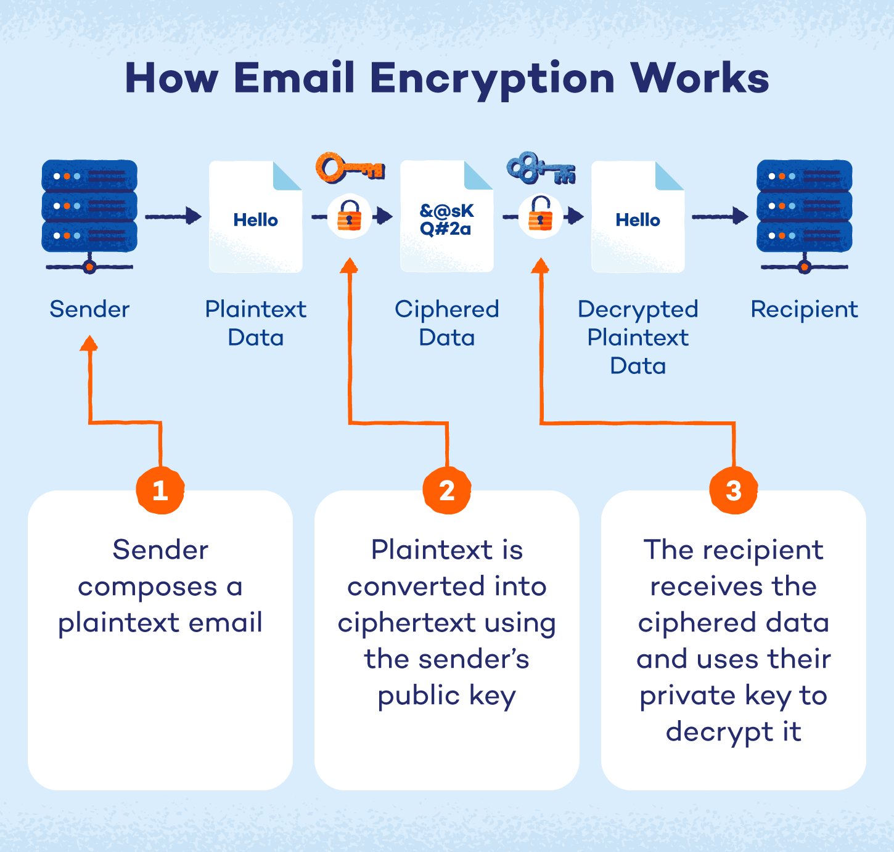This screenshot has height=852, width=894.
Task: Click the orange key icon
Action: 349,168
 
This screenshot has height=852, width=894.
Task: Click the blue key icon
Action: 540,168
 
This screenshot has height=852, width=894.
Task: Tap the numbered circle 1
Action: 160,490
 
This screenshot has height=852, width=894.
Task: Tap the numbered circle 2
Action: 447,490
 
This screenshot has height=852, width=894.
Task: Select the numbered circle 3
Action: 733,490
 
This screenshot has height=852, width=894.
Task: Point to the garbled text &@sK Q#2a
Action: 446,220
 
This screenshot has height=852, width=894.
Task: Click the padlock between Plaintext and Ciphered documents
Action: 349,216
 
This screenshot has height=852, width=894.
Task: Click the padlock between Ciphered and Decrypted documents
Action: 540,216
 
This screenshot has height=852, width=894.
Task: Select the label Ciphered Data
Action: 446,323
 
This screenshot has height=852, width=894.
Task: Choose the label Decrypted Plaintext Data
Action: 638,338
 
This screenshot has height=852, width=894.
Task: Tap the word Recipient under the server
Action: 804,309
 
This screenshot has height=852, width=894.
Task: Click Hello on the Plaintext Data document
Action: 255,220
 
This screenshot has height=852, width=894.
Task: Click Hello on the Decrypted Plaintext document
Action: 638,220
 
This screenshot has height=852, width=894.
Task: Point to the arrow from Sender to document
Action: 173,216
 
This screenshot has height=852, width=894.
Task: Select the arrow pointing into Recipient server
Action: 720,216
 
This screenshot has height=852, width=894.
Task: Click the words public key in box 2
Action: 446,696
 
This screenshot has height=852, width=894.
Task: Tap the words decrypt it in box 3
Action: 733,732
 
